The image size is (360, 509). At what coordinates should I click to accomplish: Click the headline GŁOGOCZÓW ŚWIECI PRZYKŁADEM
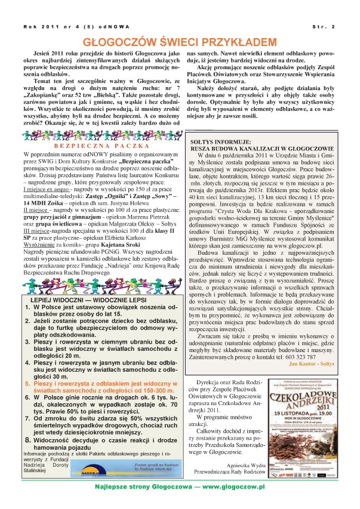[179, 42]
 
